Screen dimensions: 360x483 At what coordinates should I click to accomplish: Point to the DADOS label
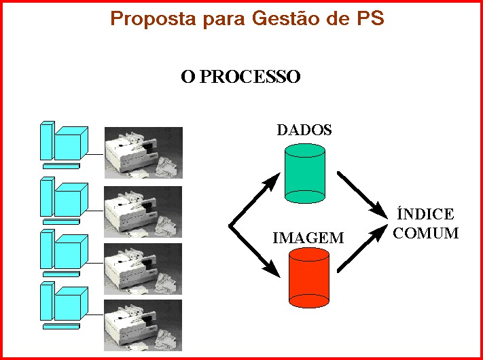[x=304, y=130]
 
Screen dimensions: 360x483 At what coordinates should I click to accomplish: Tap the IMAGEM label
[x=308, y=238]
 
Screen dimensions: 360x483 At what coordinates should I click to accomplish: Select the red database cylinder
[x=309, y=278]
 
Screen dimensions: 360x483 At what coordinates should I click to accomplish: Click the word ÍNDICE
[x=425, y=215]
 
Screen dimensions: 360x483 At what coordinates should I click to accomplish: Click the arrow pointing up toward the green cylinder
[x=255, y=200]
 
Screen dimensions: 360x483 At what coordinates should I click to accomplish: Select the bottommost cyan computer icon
[x=64, y=308]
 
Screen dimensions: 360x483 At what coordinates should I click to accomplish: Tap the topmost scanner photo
[x=143, y=153]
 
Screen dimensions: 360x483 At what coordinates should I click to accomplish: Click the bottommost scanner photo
[x=143, y=324]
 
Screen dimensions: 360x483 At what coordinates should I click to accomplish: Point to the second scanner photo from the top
[x=143, y=211]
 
